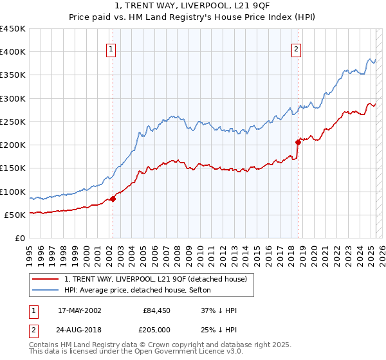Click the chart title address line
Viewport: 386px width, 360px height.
pos(192,6)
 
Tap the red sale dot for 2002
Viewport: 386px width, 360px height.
pos(113,199)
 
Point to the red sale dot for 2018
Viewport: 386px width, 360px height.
pos(298,142)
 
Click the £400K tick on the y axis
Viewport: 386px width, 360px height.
pos(13,52)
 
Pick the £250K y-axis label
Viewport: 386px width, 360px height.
pos(13,122)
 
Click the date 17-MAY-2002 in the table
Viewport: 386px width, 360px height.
pos(80,310)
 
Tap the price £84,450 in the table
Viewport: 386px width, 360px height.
pos(156,310)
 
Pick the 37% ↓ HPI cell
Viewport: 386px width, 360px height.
pos(219,310)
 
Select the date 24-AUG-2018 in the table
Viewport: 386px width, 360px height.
pos(80,330)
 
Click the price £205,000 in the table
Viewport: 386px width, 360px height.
pos(156,330)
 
